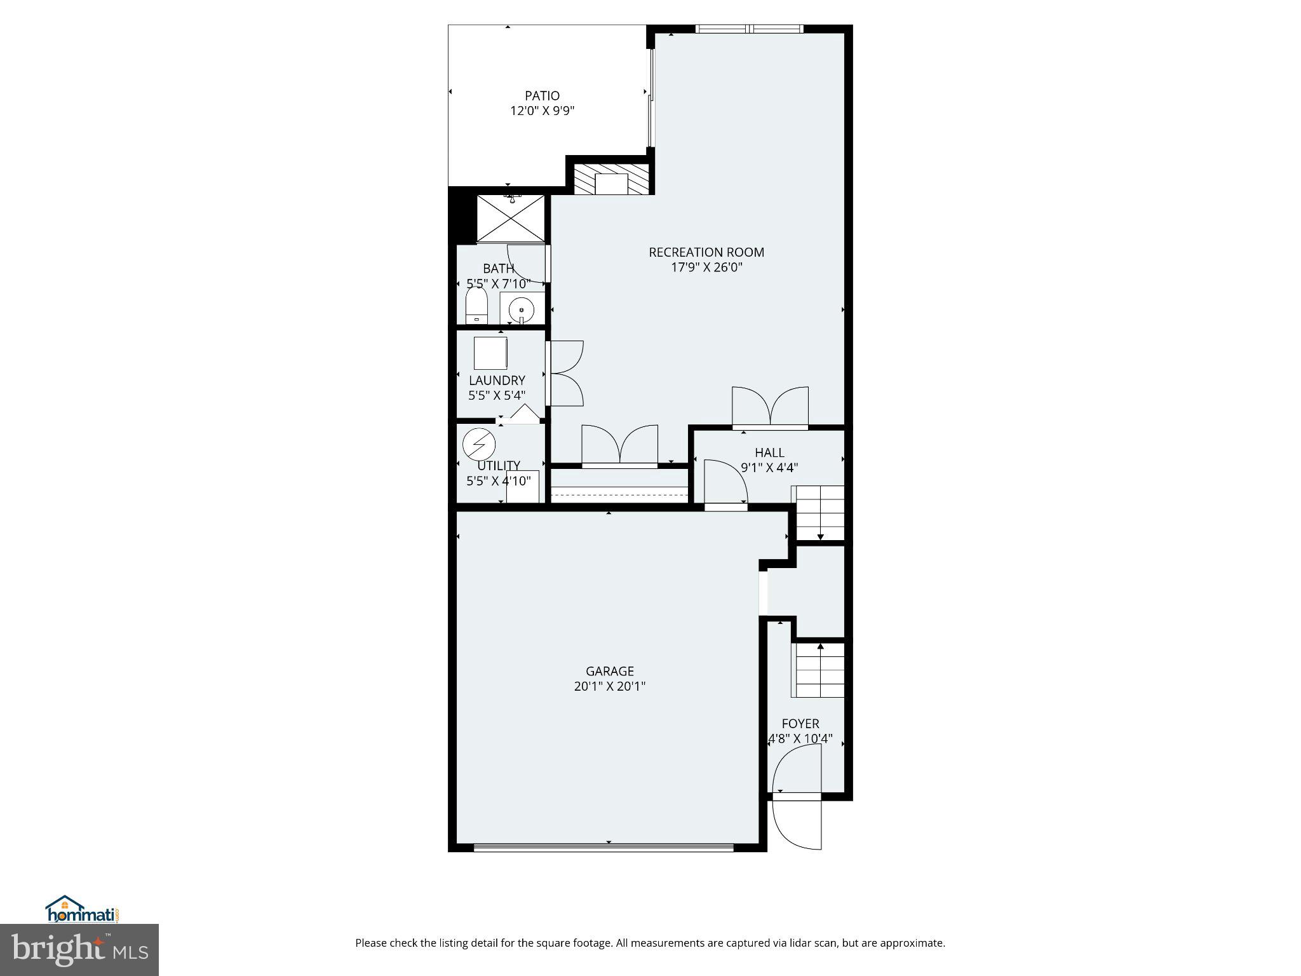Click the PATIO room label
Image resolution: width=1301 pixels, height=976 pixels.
pos(542,96)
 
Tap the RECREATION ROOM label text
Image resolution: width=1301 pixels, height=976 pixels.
pos(706,252)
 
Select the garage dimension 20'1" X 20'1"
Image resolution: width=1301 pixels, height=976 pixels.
pos(609,686)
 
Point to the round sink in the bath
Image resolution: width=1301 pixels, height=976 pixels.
pos(522,309)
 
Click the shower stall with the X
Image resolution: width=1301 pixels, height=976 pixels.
pos(511,219)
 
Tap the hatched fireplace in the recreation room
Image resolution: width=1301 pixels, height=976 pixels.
pos(611,180)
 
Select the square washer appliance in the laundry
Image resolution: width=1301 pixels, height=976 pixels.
pos(490,353)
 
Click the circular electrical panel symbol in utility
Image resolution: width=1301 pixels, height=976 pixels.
pos(478,444)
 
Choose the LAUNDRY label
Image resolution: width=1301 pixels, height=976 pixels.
pos(497,381)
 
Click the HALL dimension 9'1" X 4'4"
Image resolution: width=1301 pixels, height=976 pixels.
pos(769,468)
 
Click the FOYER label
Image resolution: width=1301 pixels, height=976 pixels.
pos(800,724)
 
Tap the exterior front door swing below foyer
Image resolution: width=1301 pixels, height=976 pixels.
pos(797,824)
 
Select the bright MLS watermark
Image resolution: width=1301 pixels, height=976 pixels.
pos(79,949)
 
